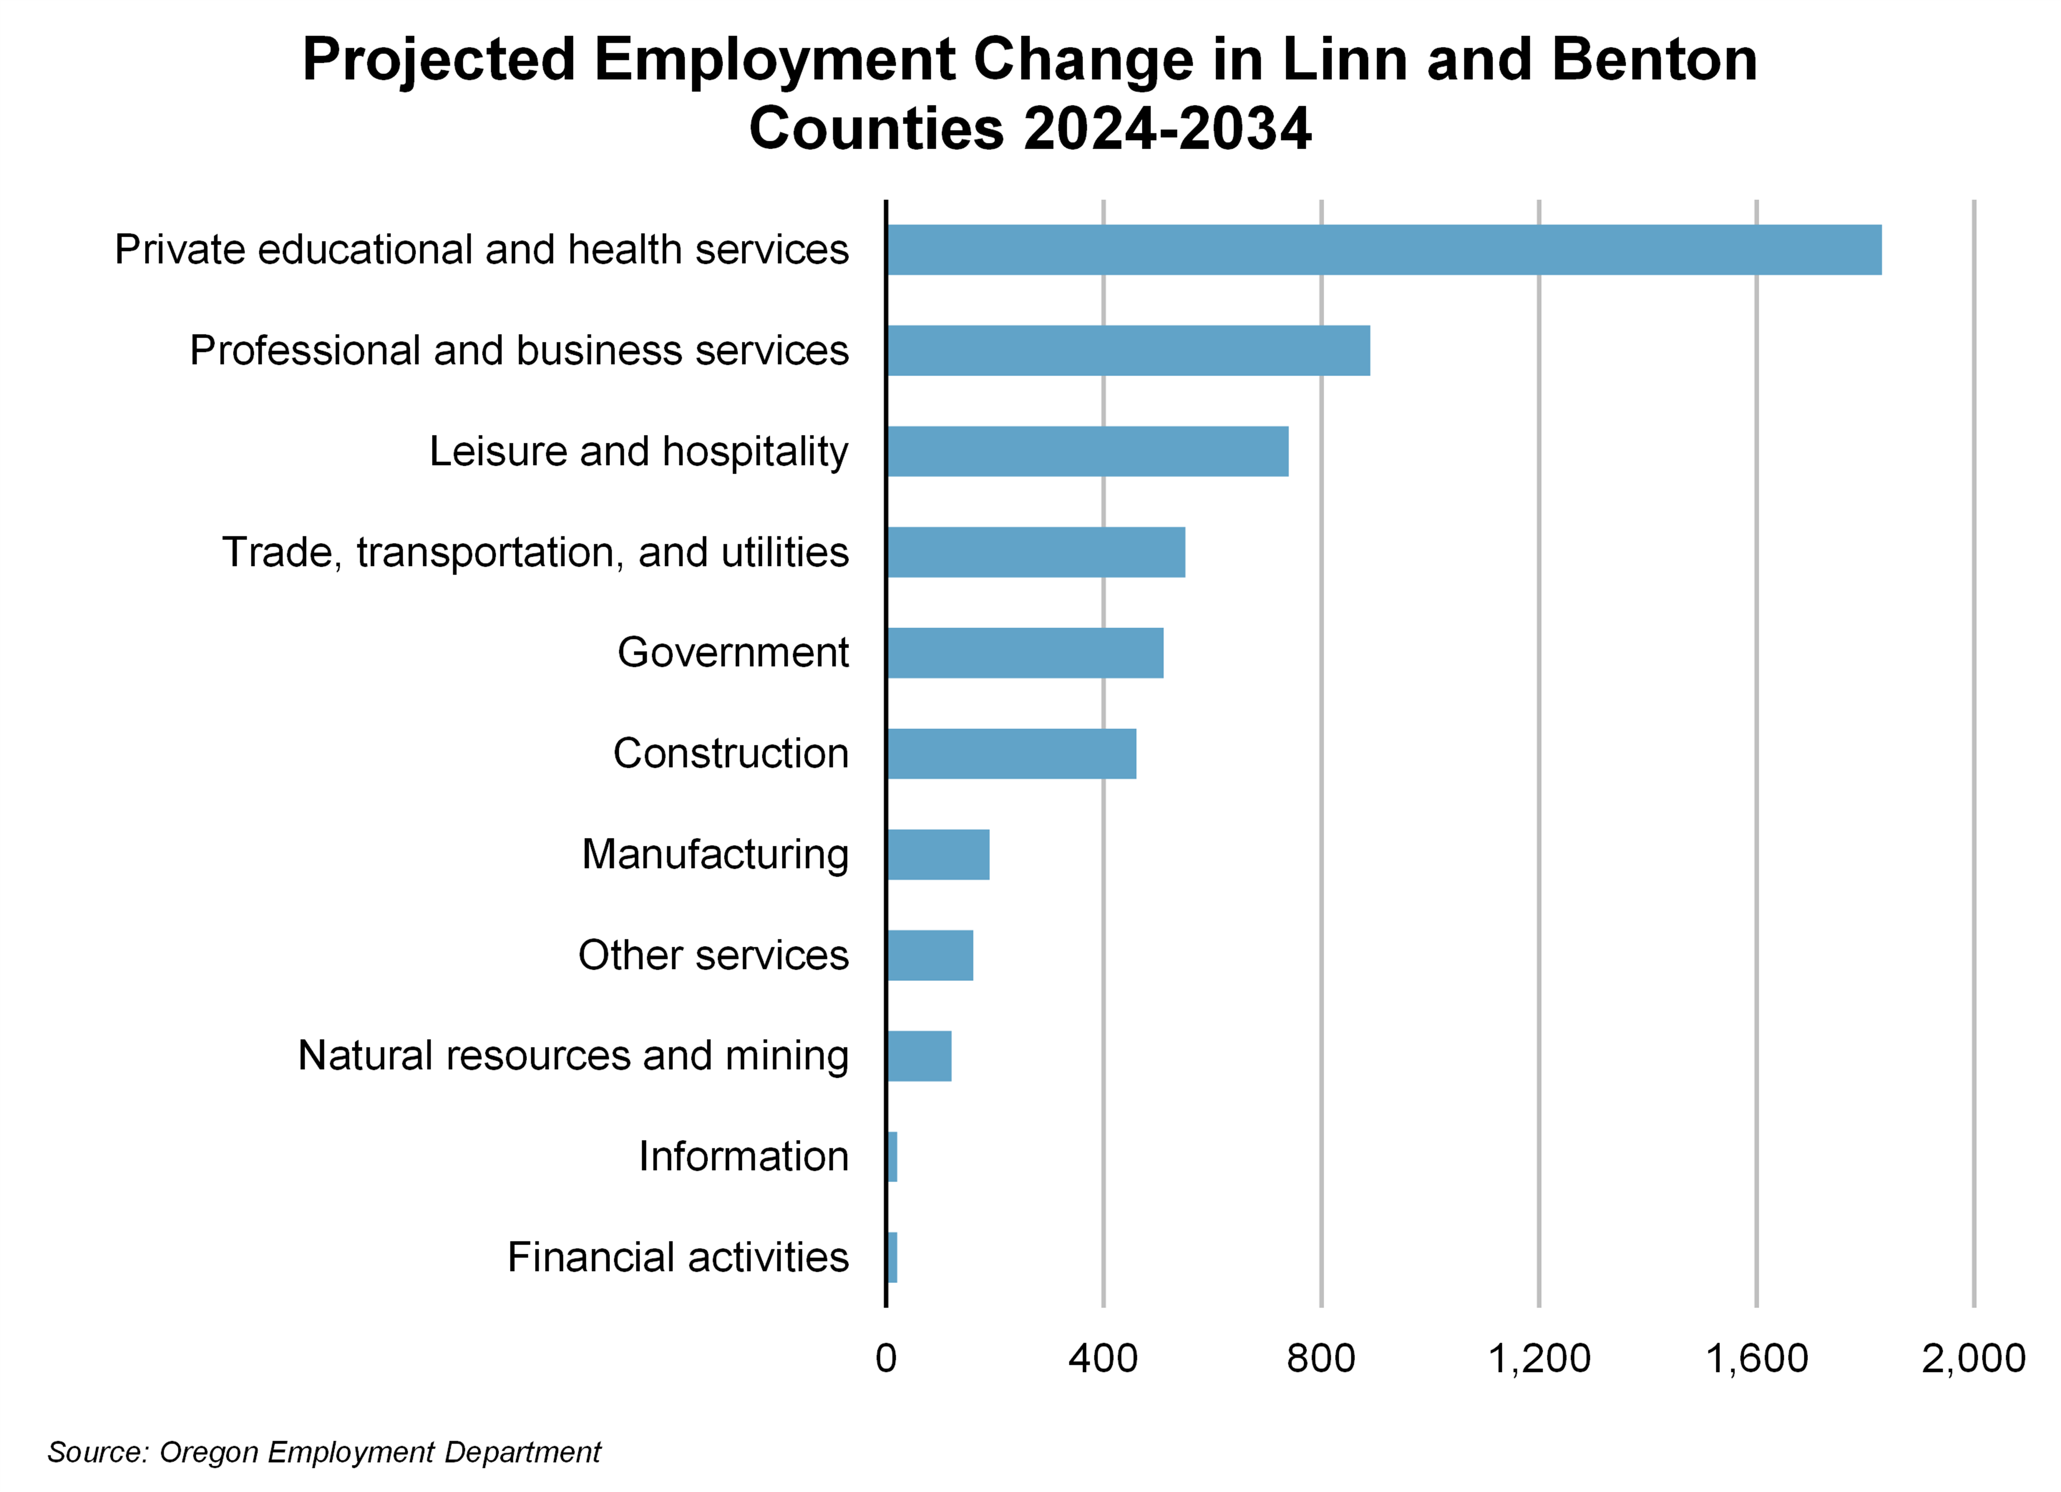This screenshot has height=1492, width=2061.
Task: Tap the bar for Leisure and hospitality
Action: pos(1087,451)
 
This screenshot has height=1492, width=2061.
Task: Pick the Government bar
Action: pos(1024,653)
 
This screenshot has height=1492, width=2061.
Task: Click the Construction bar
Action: pos(1010,754)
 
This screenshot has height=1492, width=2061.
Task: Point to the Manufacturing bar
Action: pos(938,855)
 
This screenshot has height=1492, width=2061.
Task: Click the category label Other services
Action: pos(713,955)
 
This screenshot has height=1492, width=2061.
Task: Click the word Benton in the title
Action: pos(1654,60)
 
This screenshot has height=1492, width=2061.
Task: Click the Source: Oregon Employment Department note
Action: pos(325,1452)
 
